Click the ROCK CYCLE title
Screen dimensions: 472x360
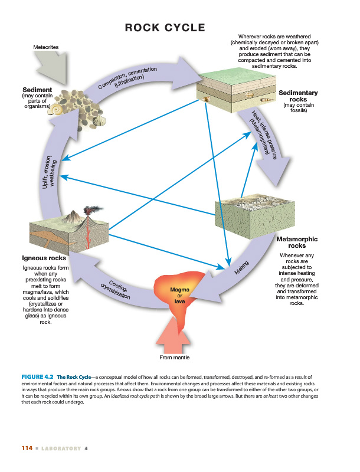165,28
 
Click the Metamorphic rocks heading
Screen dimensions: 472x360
297,242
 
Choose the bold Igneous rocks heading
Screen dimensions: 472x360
44,258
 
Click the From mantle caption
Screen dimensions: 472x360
175,358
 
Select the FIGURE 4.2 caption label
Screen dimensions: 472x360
37,376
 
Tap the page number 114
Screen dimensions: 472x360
27,448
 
